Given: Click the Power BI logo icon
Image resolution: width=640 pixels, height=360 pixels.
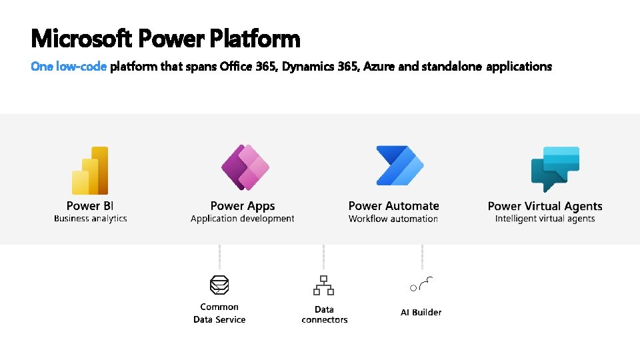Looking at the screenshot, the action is pyautogui.click(x=90, y=170).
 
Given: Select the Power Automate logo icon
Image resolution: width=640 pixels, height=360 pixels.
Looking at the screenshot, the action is pyautogui.click(x=400, y=165).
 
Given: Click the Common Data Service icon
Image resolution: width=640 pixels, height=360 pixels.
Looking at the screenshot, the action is pyautogui.click(x=219, y=285).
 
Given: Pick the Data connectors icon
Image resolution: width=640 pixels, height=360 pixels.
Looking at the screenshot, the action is pyautogui.click(x=324, y=285).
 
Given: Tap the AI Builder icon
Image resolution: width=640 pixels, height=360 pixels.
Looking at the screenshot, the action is pyautogui.click(x=421, y=284).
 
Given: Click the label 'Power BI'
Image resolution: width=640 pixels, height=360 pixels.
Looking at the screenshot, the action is pyautogui.click(x=90, y=206).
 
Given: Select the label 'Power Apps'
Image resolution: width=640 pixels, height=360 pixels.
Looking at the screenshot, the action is pyautogui.click(x=243, y=206).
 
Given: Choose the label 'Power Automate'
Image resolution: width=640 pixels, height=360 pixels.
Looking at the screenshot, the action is pyautogui.click(x=393, y=206).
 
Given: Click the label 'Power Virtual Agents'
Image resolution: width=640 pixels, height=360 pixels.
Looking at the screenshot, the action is pyautogui.click(x=545, y=206).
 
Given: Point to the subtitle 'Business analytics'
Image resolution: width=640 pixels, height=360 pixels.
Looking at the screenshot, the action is pyautogui.click(x=90, y=219).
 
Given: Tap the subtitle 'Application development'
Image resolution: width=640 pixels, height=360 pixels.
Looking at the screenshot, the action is pyautogui.click(x=243, y=219).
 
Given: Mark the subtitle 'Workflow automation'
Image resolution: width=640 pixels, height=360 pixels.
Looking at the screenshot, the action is pyautogui.click(x=393, y=219).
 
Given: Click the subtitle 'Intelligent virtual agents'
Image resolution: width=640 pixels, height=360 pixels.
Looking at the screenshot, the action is pyautogui.click(x=545, y=219).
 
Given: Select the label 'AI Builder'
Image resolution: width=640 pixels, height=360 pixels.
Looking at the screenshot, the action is pyautogui.click(x=421, y=312).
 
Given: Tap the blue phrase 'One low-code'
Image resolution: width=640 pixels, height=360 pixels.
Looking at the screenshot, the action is pyautogui.click(x=69, y=67).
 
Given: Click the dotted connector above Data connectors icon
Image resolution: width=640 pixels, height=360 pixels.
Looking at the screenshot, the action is pyautogui.click(x=324, y=257).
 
